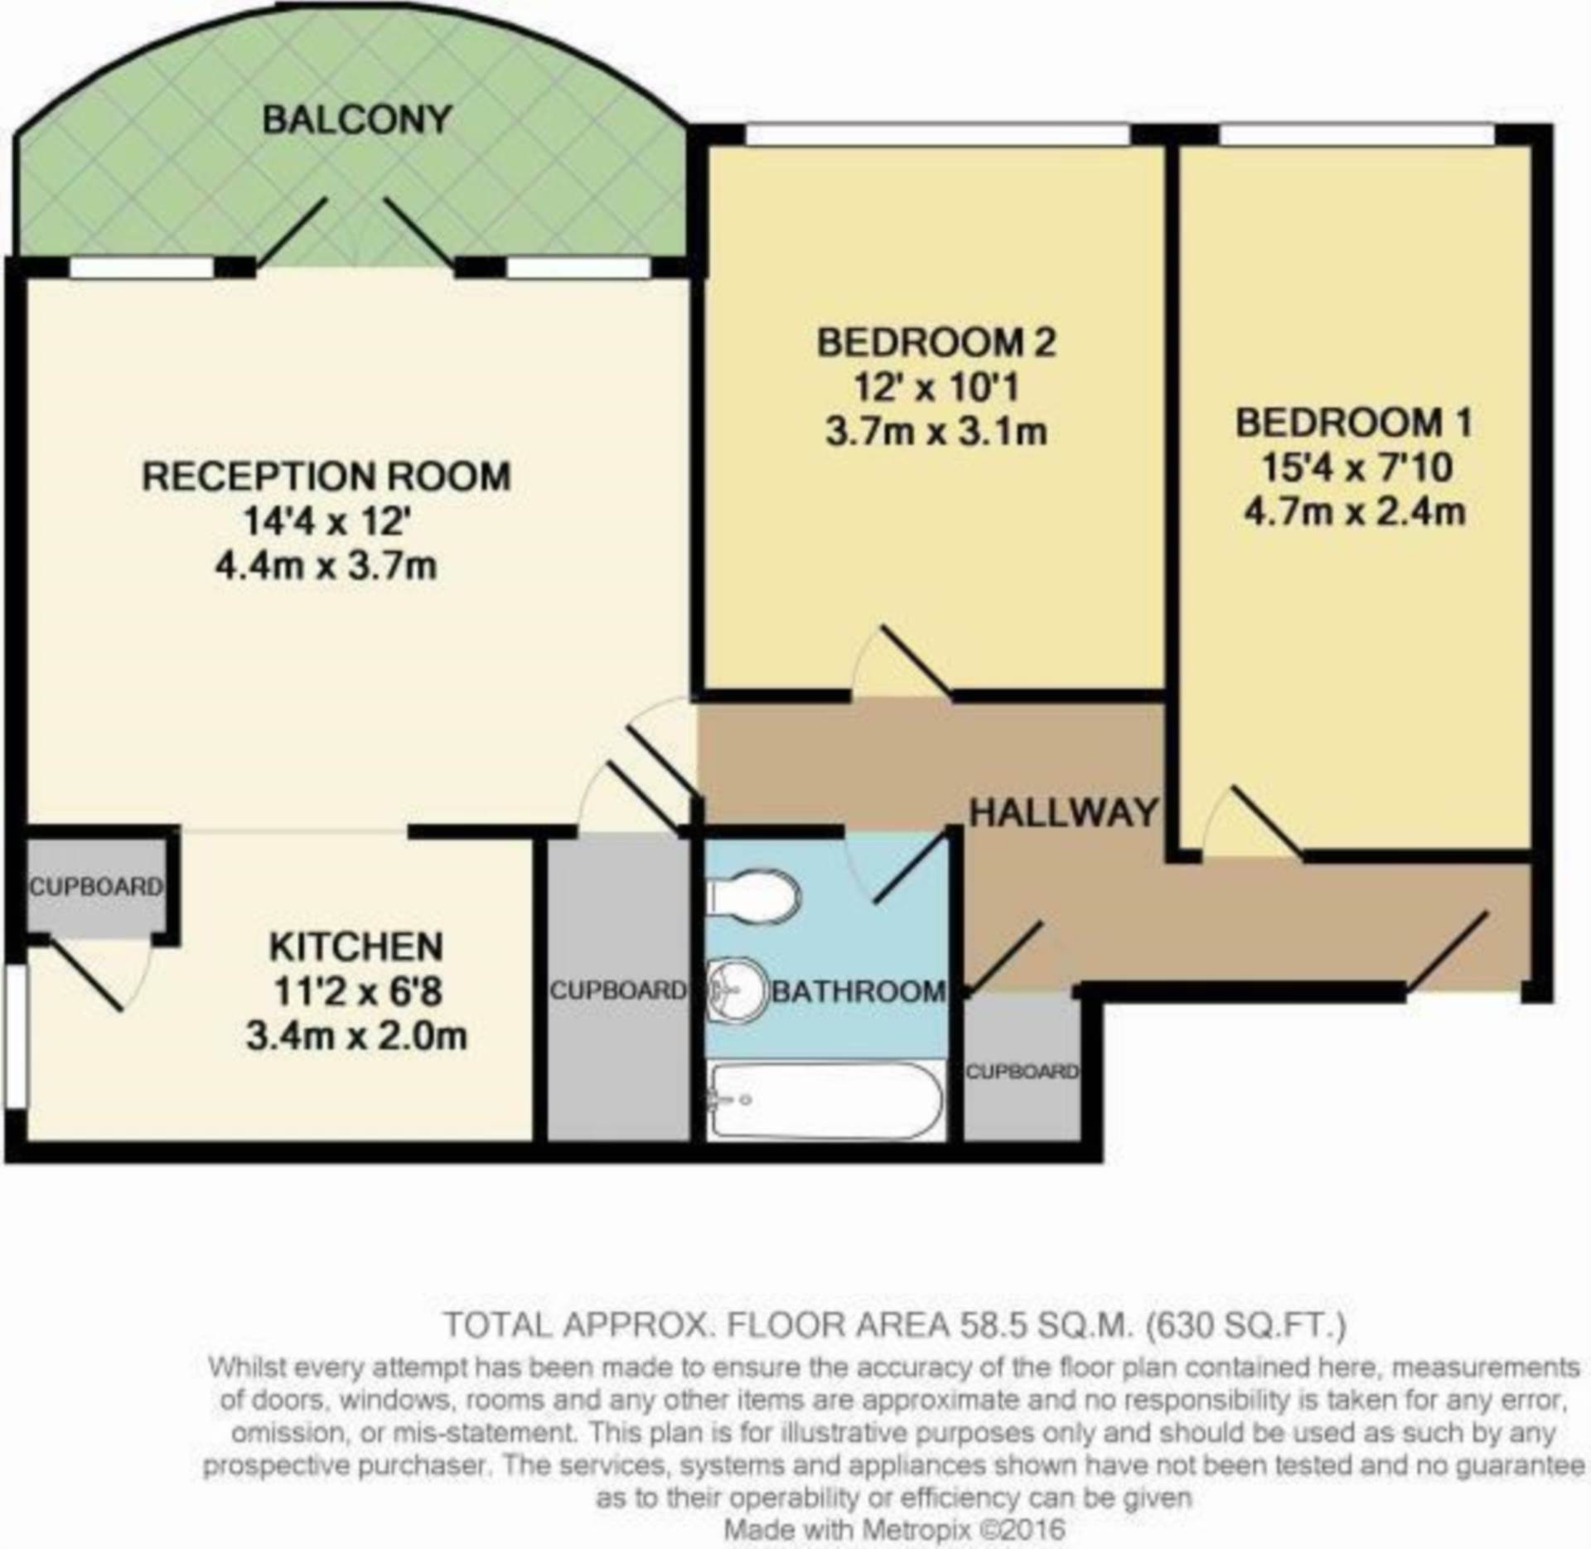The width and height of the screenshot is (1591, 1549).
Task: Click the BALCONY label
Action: [357, 120]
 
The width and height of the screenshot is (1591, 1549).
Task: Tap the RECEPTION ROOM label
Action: [326, 477]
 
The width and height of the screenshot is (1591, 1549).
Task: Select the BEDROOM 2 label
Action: [936, 342]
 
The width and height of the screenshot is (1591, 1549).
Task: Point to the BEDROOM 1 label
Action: [1354, 423]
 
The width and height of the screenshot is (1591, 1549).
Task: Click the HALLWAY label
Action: [1064, 812]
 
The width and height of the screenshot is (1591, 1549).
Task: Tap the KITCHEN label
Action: [356, 946]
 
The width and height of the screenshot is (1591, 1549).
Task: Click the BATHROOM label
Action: [858, 991]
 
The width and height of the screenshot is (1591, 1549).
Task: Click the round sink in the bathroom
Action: [737, 990]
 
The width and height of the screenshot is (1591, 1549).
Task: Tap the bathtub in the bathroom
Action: [826, 1101]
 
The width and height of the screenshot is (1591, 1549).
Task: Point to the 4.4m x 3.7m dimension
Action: [326, 566]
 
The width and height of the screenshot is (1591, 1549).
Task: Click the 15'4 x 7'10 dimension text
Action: [1356, 467]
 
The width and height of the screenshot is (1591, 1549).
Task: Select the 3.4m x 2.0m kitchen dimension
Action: [356, 1036]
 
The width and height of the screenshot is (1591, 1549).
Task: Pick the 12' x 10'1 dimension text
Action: [936, 387]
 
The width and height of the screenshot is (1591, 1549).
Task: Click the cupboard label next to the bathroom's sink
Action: [618, 990]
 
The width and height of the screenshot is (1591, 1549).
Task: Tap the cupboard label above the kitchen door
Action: [96, 887]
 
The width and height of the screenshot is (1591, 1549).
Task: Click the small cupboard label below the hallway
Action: [1023, 1072]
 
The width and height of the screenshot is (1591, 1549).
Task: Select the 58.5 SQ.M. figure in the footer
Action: [1043, 1324]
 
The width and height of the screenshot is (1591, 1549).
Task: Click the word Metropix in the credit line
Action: [915, 1529]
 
